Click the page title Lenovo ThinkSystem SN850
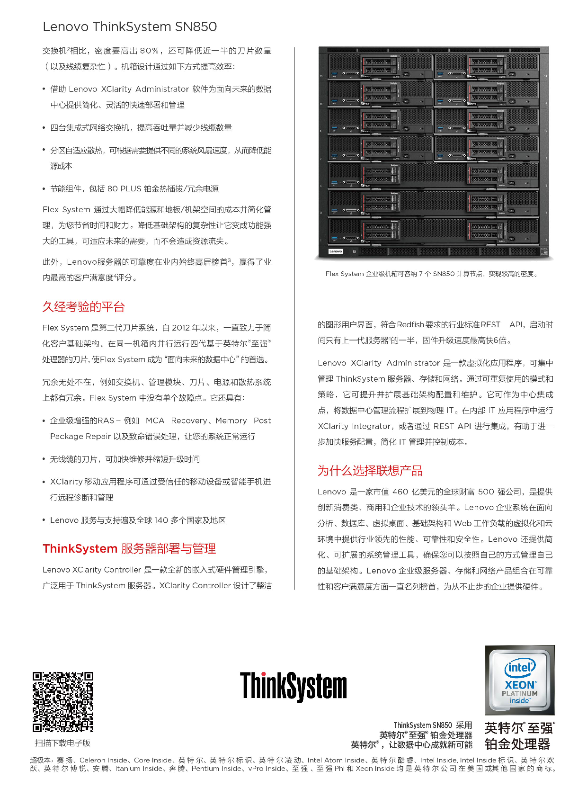point(130,27)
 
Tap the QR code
point(63,701)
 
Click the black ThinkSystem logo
point(293,686)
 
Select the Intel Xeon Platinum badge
point(519,680)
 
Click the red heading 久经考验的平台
point(83,307)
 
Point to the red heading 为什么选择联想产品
point(370,471)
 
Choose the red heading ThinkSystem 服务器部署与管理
point(129,548)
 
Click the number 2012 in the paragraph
point(181,328)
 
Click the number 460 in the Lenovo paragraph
point(400,492)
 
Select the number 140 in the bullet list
point(161,520)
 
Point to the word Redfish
point(410,324)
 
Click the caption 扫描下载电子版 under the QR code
point(62,743)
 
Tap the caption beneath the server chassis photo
point(432,274)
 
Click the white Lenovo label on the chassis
point(336,251)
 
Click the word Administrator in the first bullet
point(162,89)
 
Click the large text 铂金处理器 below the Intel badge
point(517,744)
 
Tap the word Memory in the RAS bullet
point(231,421)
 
